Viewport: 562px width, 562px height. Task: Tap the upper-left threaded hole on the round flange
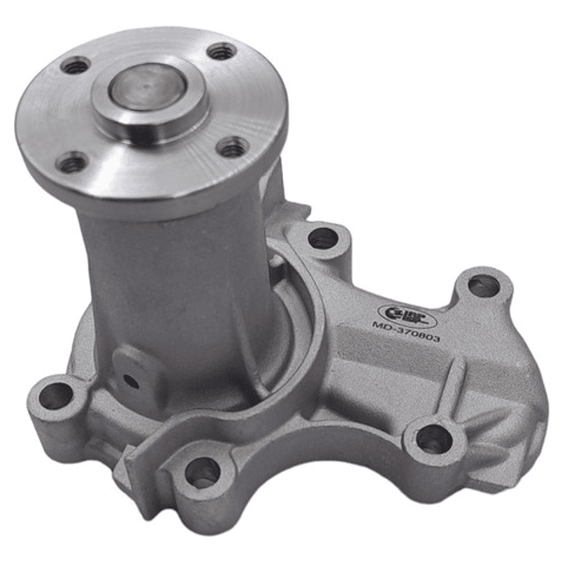click(x=76, y=66)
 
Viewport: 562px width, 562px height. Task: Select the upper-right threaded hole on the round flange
click(x=222, y=52)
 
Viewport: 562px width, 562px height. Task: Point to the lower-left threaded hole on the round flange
click(x=73, y=163)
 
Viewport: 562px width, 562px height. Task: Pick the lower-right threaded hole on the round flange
click(x=232, y=147)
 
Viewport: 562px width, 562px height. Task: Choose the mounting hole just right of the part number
click(x=483, y=286)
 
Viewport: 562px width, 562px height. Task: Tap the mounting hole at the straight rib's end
click(x=432, y=441)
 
